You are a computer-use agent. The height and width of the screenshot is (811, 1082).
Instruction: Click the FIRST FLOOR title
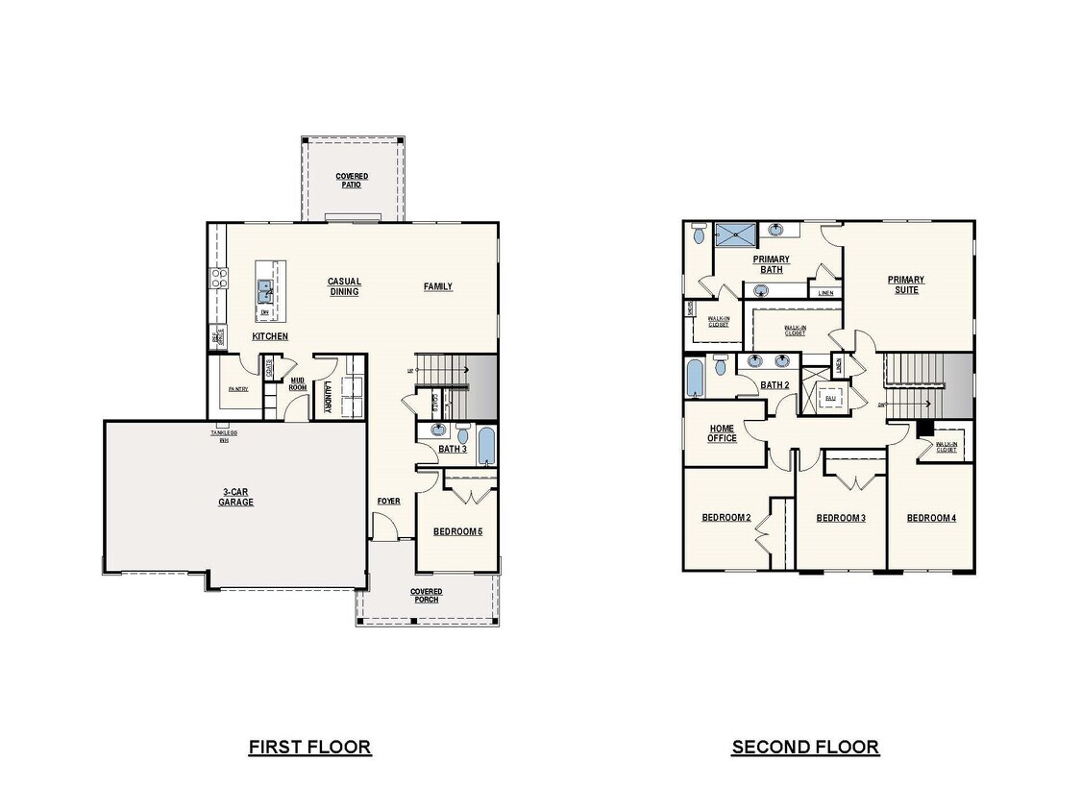[x=309, y=747]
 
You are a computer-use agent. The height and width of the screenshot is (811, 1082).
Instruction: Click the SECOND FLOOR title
[x=805, y=747]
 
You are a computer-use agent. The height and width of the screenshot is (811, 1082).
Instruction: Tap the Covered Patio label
[x=352, y=180]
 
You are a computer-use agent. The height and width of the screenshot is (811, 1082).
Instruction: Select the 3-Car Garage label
[x=235, y=497]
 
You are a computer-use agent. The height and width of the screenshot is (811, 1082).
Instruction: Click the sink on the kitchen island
[x=264, y=287]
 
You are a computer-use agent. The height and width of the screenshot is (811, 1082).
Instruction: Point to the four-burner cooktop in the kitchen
[x=218, y=279]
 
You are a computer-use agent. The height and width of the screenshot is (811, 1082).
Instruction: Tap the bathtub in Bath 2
[x=696, y=378]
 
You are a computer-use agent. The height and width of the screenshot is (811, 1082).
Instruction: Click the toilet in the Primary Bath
[x=700, y=233]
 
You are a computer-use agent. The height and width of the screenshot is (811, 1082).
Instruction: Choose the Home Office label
[x=723, y=433]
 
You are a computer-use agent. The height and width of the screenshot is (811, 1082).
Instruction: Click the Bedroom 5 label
[x=457, y=532]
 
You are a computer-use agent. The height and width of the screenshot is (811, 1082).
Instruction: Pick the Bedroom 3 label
[x=841, y=518]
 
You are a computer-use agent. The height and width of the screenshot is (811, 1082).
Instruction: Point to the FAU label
[x=829, y=397]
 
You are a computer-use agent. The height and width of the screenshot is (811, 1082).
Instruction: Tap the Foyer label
[x=388, y=501]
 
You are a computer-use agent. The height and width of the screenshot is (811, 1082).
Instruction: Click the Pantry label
[x=238, y=389]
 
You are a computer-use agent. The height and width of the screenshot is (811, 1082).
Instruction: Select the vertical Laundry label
[x=328, y=398]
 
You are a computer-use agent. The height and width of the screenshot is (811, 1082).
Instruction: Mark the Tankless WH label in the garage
[x=223, y=436]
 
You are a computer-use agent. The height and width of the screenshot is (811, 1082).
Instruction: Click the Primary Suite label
[x=906, y=284]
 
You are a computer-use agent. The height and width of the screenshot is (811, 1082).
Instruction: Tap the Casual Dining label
[x=344, y=286]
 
